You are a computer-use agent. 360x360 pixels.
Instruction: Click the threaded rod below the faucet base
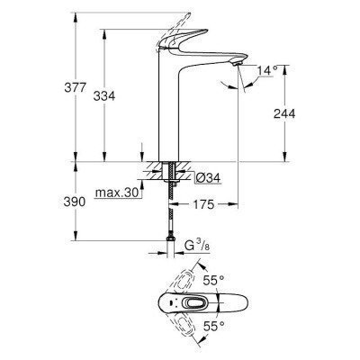point(167,202)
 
